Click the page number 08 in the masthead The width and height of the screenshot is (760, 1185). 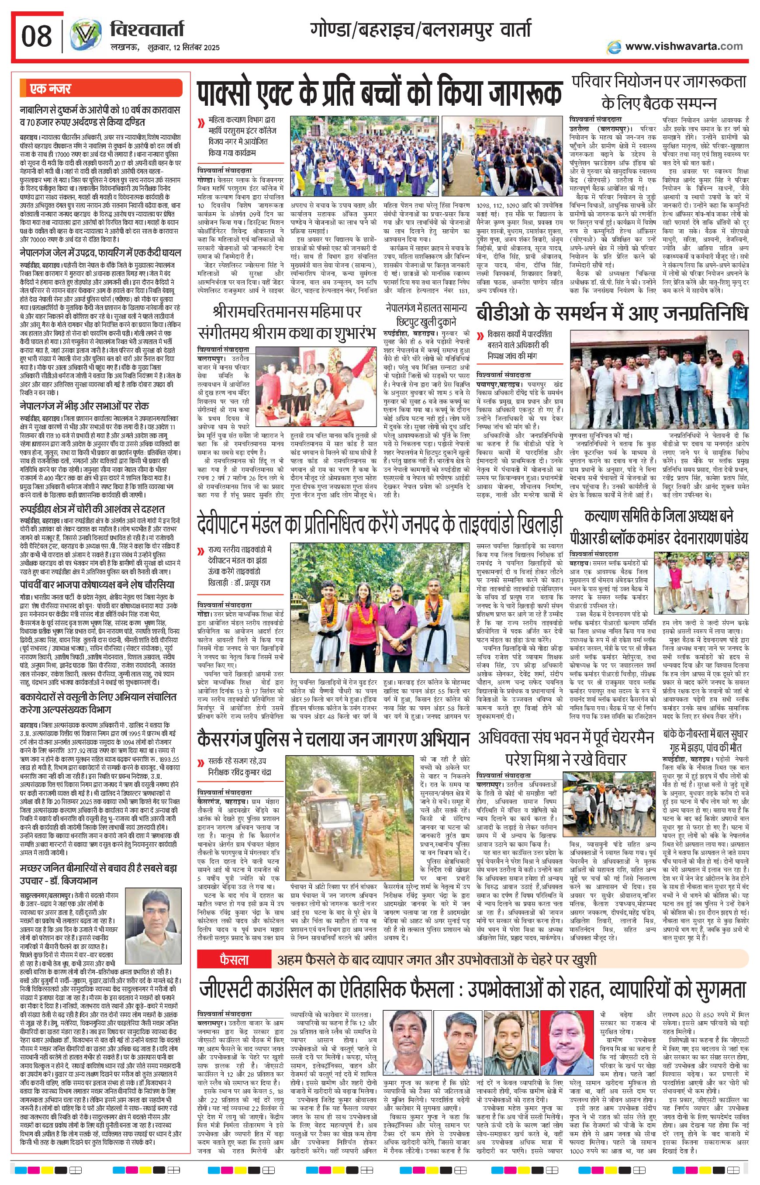coord(37,36)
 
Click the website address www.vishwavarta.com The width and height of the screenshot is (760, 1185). coord(684,46)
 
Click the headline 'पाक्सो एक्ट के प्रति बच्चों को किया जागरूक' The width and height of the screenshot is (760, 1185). coord(380,92)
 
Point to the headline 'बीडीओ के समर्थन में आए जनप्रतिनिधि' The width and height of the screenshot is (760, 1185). coord(612,314)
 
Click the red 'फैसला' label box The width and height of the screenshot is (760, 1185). coord(235,960)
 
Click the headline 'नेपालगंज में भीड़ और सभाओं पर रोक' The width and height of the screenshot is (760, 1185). coord(84,406)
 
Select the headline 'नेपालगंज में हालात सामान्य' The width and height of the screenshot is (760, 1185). coord(426,308)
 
